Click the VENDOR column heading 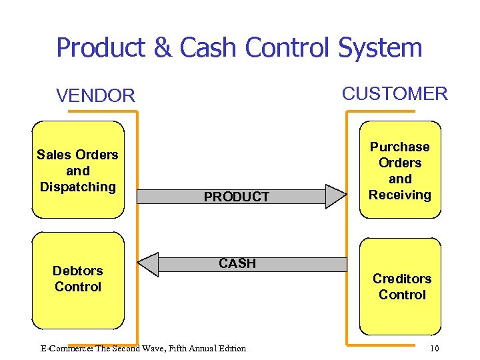click(95, 96)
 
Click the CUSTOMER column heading click(395, 93)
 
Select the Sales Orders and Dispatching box click(78, 170)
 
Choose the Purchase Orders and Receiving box click(400, 170)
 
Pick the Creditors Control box click(401, 287)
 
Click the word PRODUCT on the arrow click(236, 197)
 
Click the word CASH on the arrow click(237, 263)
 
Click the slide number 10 click(434, 348)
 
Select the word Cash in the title click(209, 48)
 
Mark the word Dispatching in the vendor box click(78, 187)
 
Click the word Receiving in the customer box click(400, 195)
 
